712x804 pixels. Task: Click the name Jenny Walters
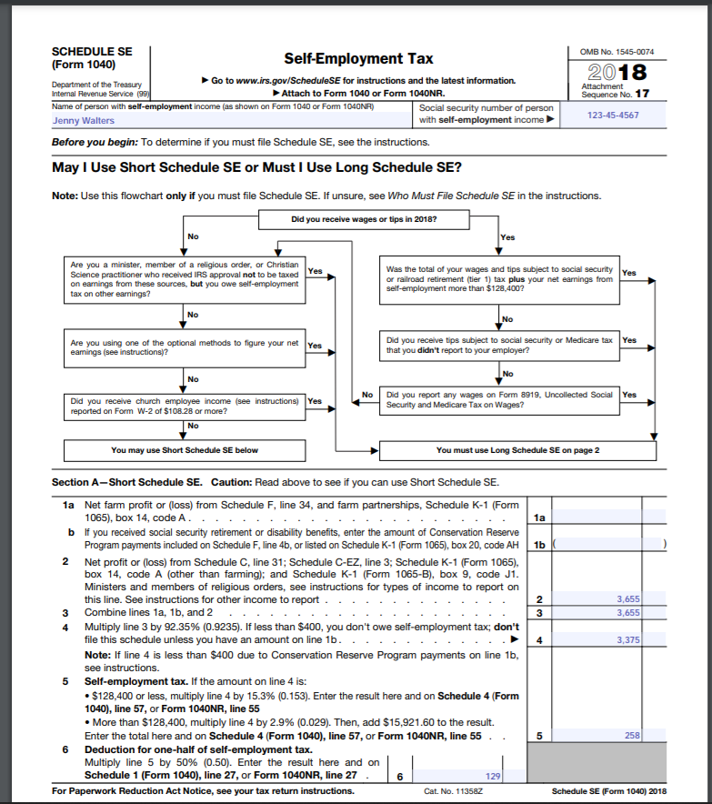click(84, 120)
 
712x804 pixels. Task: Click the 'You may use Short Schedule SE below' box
click(185, 450)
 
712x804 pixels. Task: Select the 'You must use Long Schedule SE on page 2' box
click(517, 450)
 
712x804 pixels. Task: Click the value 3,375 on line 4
click(627, 640)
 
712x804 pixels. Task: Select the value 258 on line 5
click(632, 734)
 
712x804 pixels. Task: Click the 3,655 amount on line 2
click(627, 599)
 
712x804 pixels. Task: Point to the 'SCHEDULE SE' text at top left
click(92, 52)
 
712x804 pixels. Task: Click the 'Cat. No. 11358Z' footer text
click(452, 791)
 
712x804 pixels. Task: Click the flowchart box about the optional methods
click(185, 347)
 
